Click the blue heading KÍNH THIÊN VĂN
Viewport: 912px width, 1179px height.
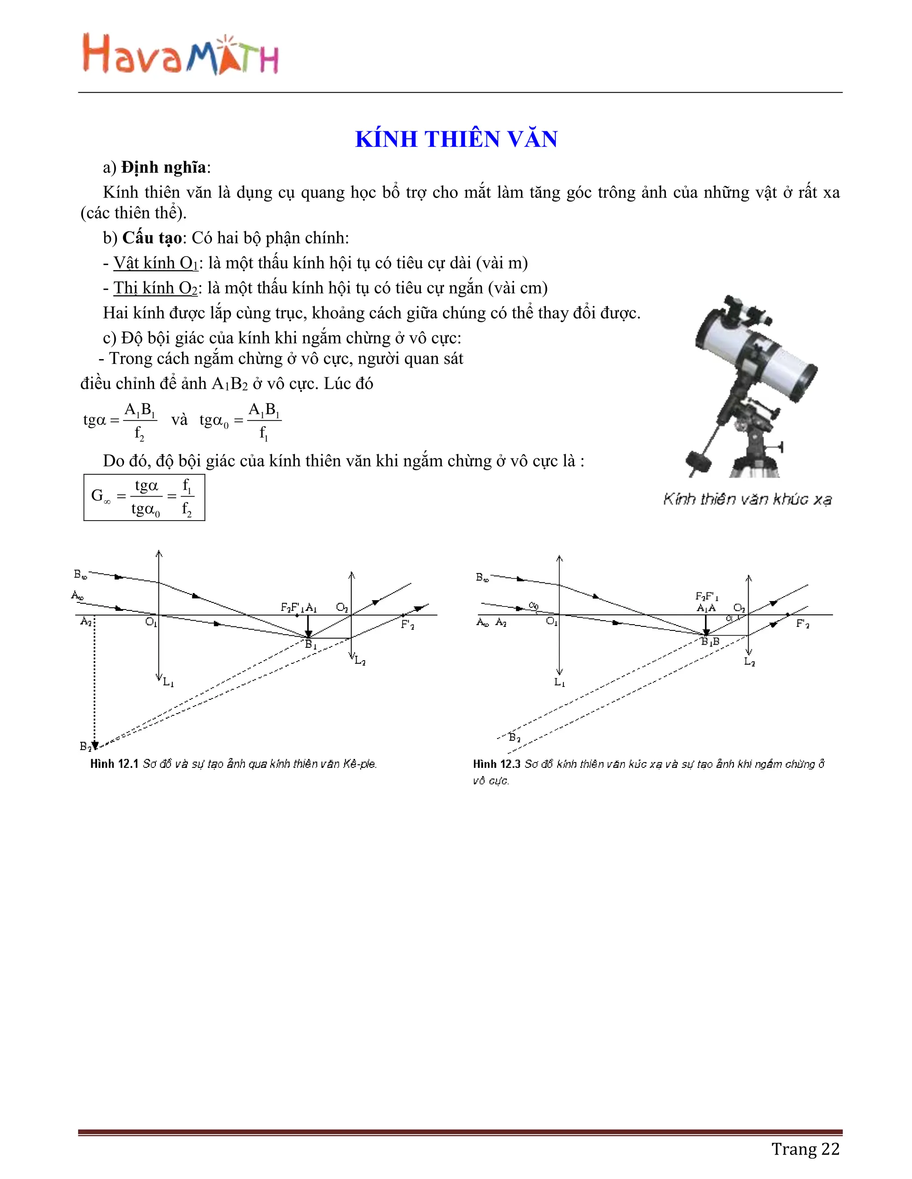click(456, 139)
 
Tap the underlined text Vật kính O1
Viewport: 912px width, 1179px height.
click(155, 263)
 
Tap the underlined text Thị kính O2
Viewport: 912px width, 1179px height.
click(155, 288)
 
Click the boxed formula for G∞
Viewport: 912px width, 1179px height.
click(144, 497)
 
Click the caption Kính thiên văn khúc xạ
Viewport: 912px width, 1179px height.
click(747, 499)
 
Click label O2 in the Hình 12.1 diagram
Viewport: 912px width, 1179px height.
click(342, 607)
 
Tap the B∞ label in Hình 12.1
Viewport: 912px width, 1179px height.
click(80, 574)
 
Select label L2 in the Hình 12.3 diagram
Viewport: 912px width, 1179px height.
click(749, 662)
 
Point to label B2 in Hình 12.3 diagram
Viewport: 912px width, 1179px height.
click(514, 737)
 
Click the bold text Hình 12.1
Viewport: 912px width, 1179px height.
click(114, 763)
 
